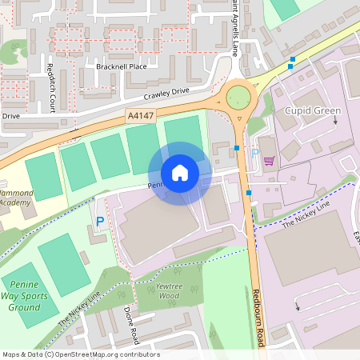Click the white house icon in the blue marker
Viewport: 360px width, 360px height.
tap(180, 173)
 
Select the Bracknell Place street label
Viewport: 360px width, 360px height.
tap(122, 66)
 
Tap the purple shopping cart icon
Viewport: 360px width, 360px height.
tap(269, 160)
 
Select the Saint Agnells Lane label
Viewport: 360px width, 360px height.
tap(237, 28)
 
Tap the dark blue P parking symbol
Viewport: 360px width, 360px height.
tap(100, 221)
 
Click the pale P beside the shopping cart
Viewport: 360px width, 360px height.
tap(255, 153)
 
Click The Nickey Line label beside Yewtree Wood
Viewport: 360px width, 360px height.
tap(78, 307)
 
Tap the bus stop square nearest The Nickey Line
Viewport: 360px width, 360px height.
tap(249, 193)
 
